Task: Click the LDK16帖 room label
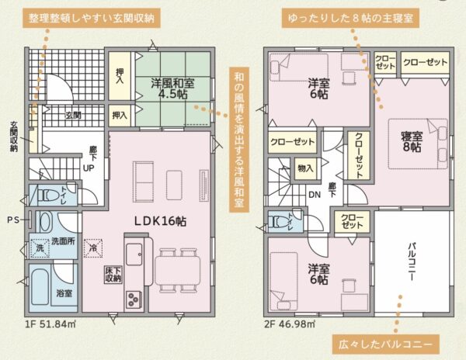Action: coord(160,221)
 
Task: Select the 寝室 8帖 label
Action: coord(412,142)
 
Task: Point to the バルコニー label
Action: coord(412,261)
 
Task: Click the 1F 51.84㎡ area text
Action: coord(50,324)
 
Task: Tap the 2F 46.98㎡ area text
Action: coord(290,324)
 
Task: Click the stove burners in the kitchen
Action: coord(134,299)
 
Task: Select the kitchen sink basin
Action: coord(134,254)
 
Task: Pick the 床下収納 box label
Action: coord(113,275)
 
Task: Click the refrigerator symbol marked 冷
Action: coord(93,248)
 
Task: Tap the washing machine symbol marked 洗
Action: coord(40,248)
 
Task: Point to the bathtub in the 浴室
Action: coord(40,287)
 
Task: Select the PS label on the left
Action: coord(13,220)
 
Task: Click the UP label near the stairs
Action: coord(89,168)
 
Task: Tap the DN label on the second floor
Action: coord(315,195)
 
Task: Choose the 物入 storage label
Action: coord(305,168)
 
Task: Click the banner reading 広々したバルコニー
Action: coord(385,344)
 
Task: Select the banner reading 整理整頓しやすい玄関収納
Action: coord(92,19)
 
